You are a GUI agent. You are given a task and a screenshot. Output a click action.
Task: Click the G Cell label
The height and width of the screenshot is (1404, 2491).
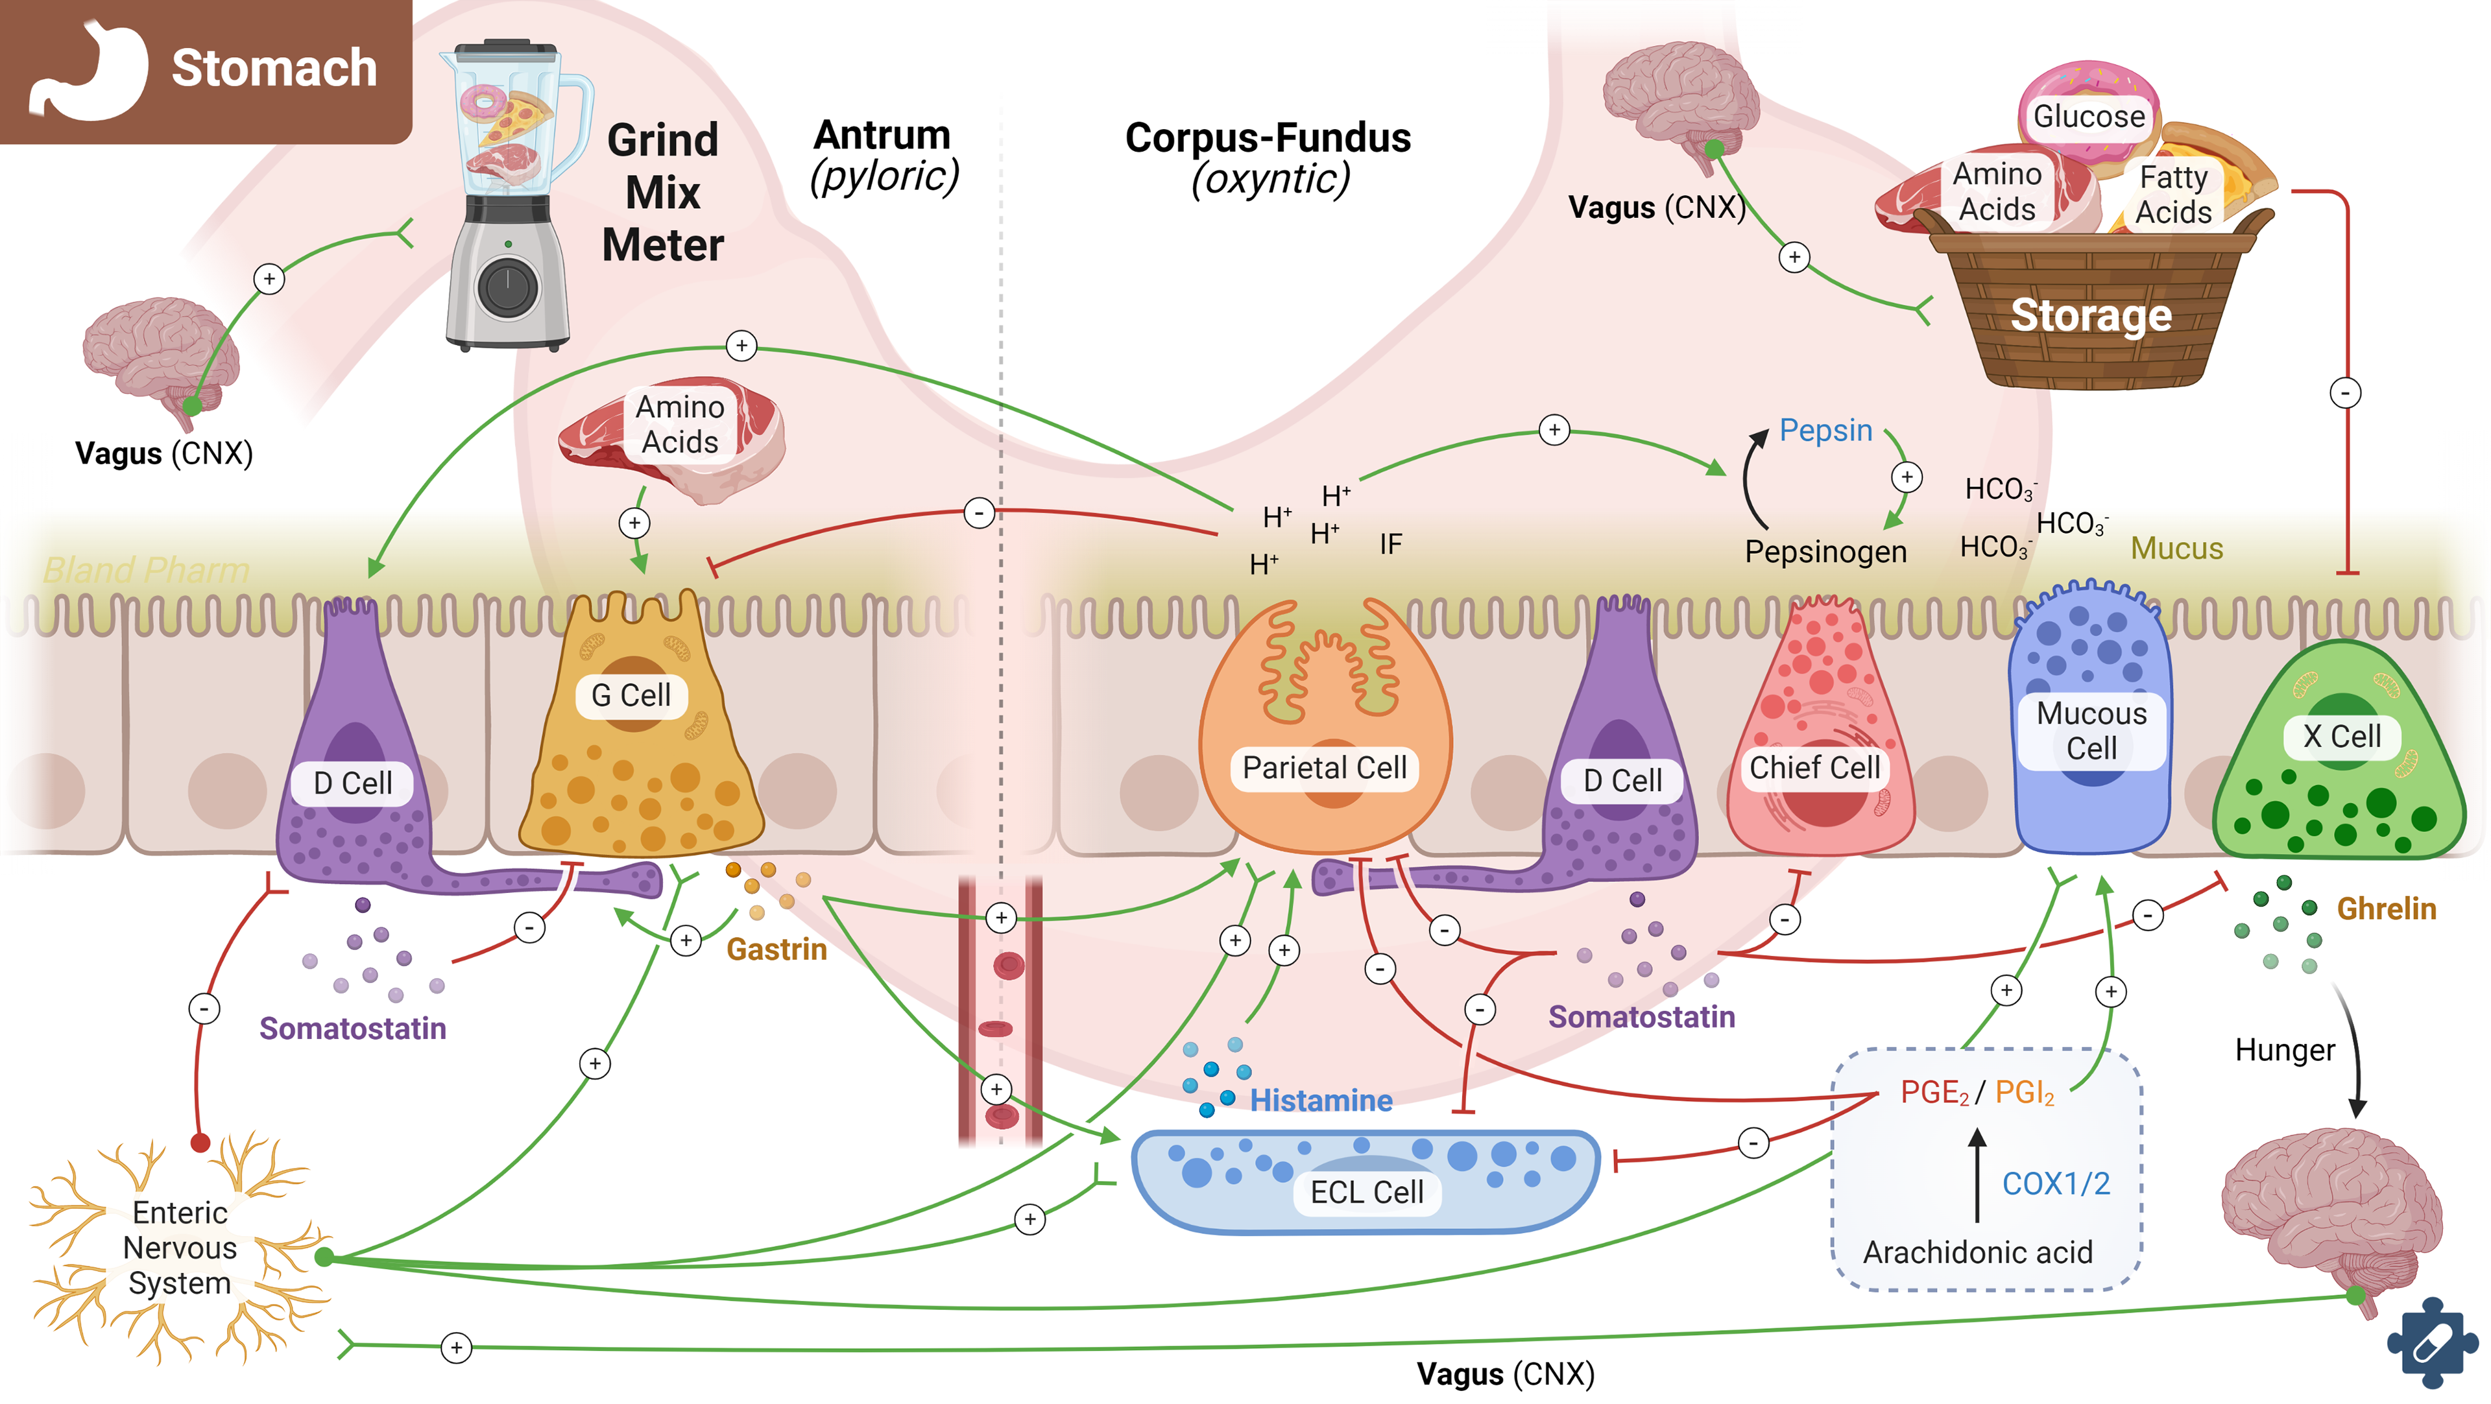[x=631, y=695]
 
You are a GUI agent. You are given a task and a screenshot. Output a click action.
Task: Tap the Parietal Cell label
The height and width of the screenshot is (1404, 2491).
[x=1324, y=768]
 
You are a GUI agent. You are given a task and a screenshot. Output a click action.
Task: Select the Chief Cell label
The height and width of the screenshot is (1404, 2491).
[x=1814, y=768]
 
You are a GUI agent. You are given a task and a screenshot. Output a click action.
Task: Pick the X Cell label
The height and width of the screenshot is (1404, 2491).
[x=2341, y=736]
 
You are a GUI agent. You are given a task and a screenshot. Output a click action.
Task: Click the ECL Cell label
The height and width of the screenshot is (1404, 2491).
[x=1366, y=1192]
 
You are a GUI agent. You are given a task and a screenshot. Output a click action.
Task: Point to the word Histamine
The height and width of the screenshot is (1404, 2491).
[x=1321, y=1101]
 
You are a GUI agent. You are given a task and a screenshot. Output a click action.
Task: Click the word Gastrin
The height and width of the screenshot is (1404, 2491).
[x=776, y=949]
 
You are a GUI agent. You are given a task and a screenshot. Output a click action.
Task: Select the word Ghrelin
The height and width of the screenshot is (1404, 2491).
[x=2386, y=909]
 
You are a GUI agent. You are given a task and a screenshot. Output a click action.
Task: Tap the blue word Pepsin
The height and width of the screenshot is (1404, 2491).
[x=1825, y=431]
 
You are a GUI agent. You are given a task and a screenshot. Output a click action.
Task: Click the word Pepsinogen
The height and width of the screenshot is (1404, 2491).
[x=1825, y=552]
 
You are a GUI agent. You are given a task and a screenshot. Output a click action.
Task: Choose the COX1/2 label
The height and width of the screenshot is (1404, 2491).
[x=2056, y=1184]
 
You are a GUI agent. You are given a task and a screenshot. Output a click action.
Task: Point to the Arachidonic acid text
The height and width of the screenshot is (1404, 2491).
[x=1977, y=1252]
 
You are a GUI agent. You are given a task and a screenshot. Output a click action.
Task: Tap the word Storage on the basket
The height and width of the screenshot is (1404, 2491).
[x=2091, y=315]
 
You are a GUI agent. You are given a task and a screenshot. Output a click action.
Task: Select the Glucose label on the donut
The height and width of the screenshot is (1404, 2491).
[x=2089, y=116]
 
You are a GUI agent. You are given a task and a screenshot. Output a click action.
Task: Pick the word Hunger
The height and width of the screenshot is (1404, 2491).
[x=2284, y=1050]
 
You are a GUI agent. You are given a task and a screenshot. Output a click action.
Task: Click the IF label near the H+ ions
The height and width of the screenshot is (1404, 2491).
[x=1391, y=544]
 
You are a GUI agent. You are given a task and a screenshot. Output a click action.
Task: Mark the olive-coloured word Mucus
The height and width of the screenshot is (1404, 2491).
[x=2177, y=548]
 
